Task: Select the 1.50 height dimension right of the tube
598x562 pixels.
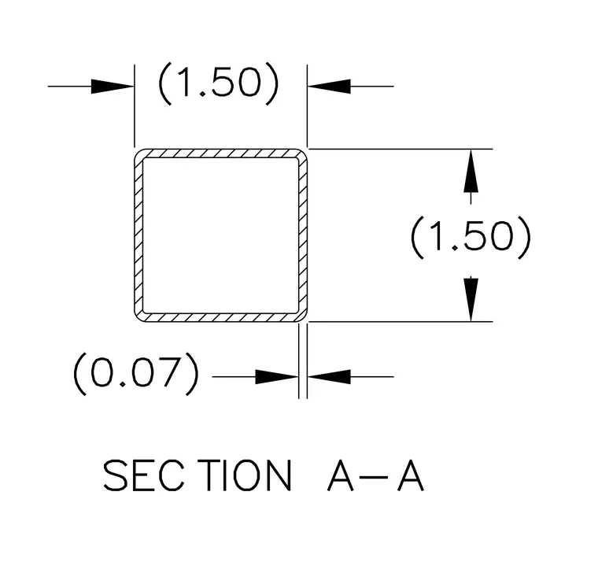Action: [x=471, y=237]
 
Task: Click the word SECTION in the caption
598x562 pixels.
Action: [x=197, y=475]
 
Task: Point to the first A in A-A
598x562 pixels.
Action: [x=341, y=475]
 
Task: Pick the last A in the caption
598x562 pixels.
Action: [x=411, y=475]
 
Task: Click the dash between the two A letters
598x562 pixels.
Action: [x=375, y=477]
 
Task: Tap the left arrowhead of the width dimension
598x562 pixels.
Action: [x=113, y=87]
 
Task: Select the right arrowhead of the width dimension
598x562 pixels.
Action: [x=329, y=87]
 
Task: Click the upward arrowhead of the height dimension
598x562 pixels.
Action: [x=471, y=171]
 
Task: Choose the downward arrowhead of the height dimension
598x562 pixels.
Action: [x=471, y=300]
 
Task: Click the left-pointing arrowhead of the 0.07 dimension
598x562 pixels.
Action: [x=329, y=377]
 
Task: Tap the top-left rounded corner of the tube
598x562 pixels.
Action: [x=138, y=153]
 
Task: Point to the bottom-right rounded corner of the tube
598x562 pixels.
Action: [x=303, y=317]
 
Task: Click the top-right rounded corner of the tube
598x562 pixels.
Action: [x=303, y=153]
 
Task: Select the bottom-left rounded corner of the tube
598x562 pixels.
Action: [x=138, y=317]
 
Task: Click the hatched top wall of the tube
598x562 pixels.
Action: [x=221, y=153]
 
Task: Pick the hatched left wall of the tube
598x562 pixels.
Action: [x=138, y=235]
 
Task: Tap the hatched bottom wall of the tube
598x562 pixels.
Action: [x=221, y=318]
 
